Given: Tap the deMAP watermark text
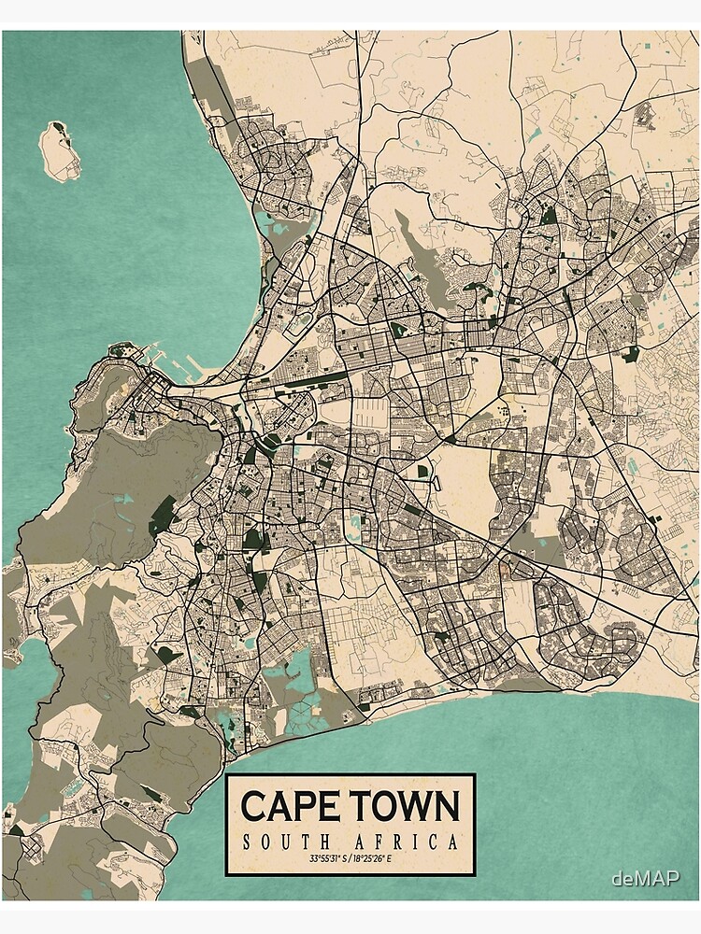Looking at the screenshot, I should pos(645,878).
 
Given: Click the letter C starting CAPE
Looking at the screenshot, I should pos(253,806).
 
